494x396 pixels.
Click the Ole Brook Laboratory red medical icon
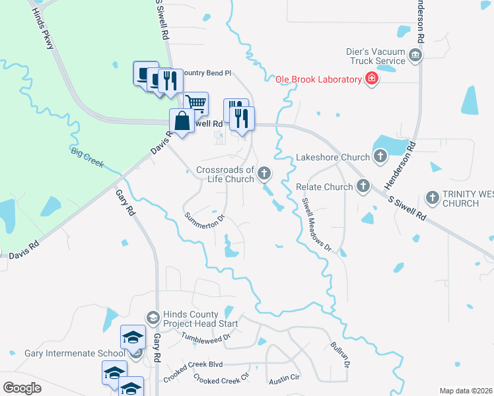372,79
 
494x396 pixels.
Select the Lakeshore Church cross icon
380,156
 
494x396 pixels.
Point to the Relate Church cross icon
363,186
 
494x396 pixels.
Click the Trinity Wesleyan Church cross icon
433,197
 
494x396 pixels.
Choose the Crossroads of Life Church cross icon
264,174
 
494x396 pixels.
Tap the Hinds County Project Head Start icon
153,318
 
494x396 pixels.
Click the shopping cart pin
195,103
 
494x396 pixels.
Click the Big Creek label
88,158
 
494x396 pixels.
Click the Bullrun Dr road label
337,354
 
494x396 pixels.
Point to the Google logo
22,387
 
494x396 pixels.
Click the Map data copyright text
466,391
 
